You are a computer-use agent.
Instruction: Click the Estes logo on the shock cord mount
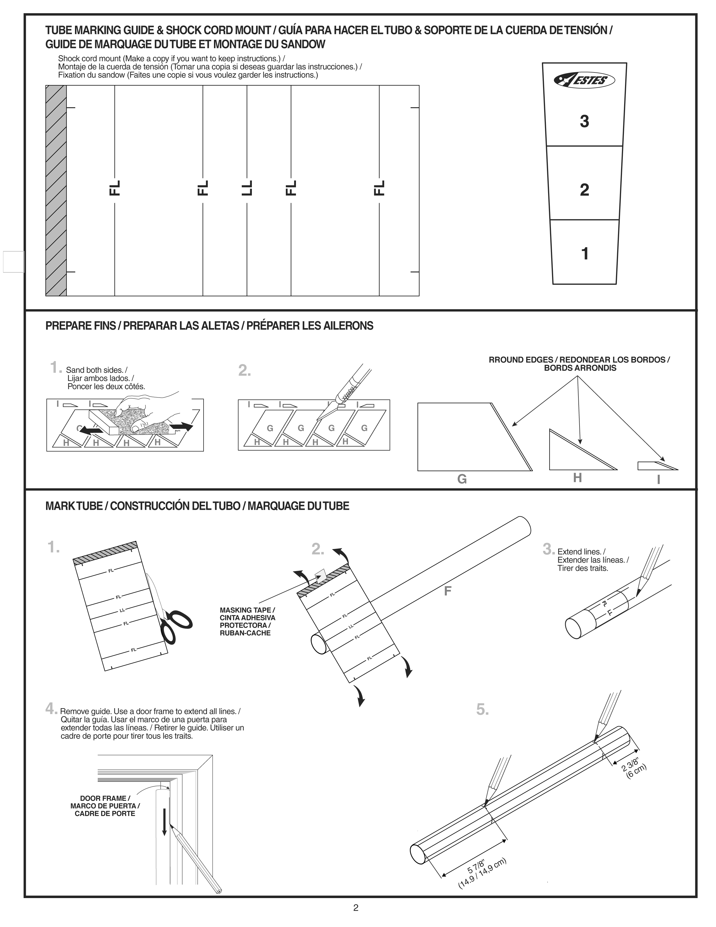coord(584,80)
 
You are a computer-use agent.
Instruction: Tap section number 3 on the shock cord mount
coord(584,121)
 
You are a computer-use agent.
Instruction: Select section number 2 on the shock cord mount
coord(584,190)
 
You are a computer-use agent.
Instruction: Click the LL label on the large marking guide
coord(247,188)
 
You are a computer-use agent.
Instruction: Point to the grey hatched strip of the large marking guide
coord(56,190)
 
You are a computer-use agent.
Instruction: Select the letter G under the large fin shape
coord(462,479)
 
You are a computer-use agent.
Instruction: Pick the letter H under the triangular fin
coord(577,478)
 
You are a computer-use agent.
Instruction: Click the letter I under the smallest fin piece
coord(658,480)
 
